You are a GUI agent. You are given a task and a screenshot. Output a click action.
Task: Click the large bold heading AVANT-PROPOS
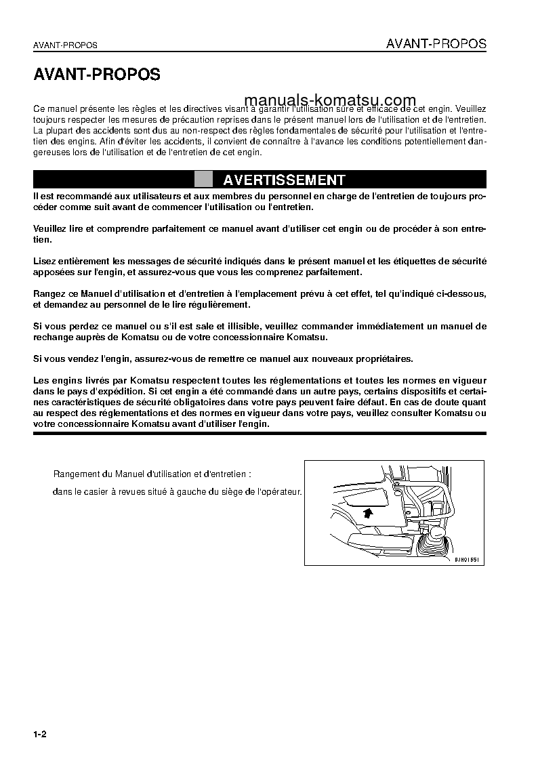(x=97, y=75)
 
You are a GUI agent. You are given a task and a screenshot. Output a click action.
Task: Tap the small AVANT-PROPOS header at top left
(x=65, y=45)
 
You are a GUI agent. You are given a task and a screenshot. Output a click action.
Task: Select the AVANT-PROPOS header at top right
(x=436, y=44)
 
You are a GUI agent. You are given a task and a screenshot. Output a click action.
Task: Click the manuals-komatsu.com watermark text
(x=327, y=100)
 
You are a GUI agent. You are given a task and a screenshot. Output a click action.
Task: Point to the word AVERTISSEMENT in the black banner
(x=284, y=180)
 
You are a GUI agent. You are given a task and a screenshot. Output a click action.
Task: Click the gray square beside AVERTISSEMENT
(x=203, y=180)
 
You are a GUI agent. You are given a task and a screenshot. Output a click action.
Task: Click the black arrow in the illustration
(x=367, y=512)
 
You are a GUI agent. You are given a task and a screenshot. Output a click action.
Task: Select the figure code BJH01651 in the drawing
(x=466, y=560)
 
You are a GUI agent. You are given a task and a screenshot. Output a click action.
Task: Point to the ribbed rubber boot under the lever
(x=434, y=546)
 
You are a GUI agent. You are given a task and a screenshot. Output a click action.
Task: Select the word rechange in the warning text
(x=54, y=337)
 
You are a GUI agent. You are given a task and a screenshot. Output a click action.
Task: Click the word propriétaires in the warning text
(x=379, y=358)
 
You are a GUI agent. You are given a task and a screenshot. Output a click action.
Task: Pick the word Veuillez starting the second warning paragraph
(x=51, y=229)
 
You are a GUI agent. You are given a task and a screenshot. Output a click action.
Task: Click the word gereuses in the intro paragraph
(x=51, y=152)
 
